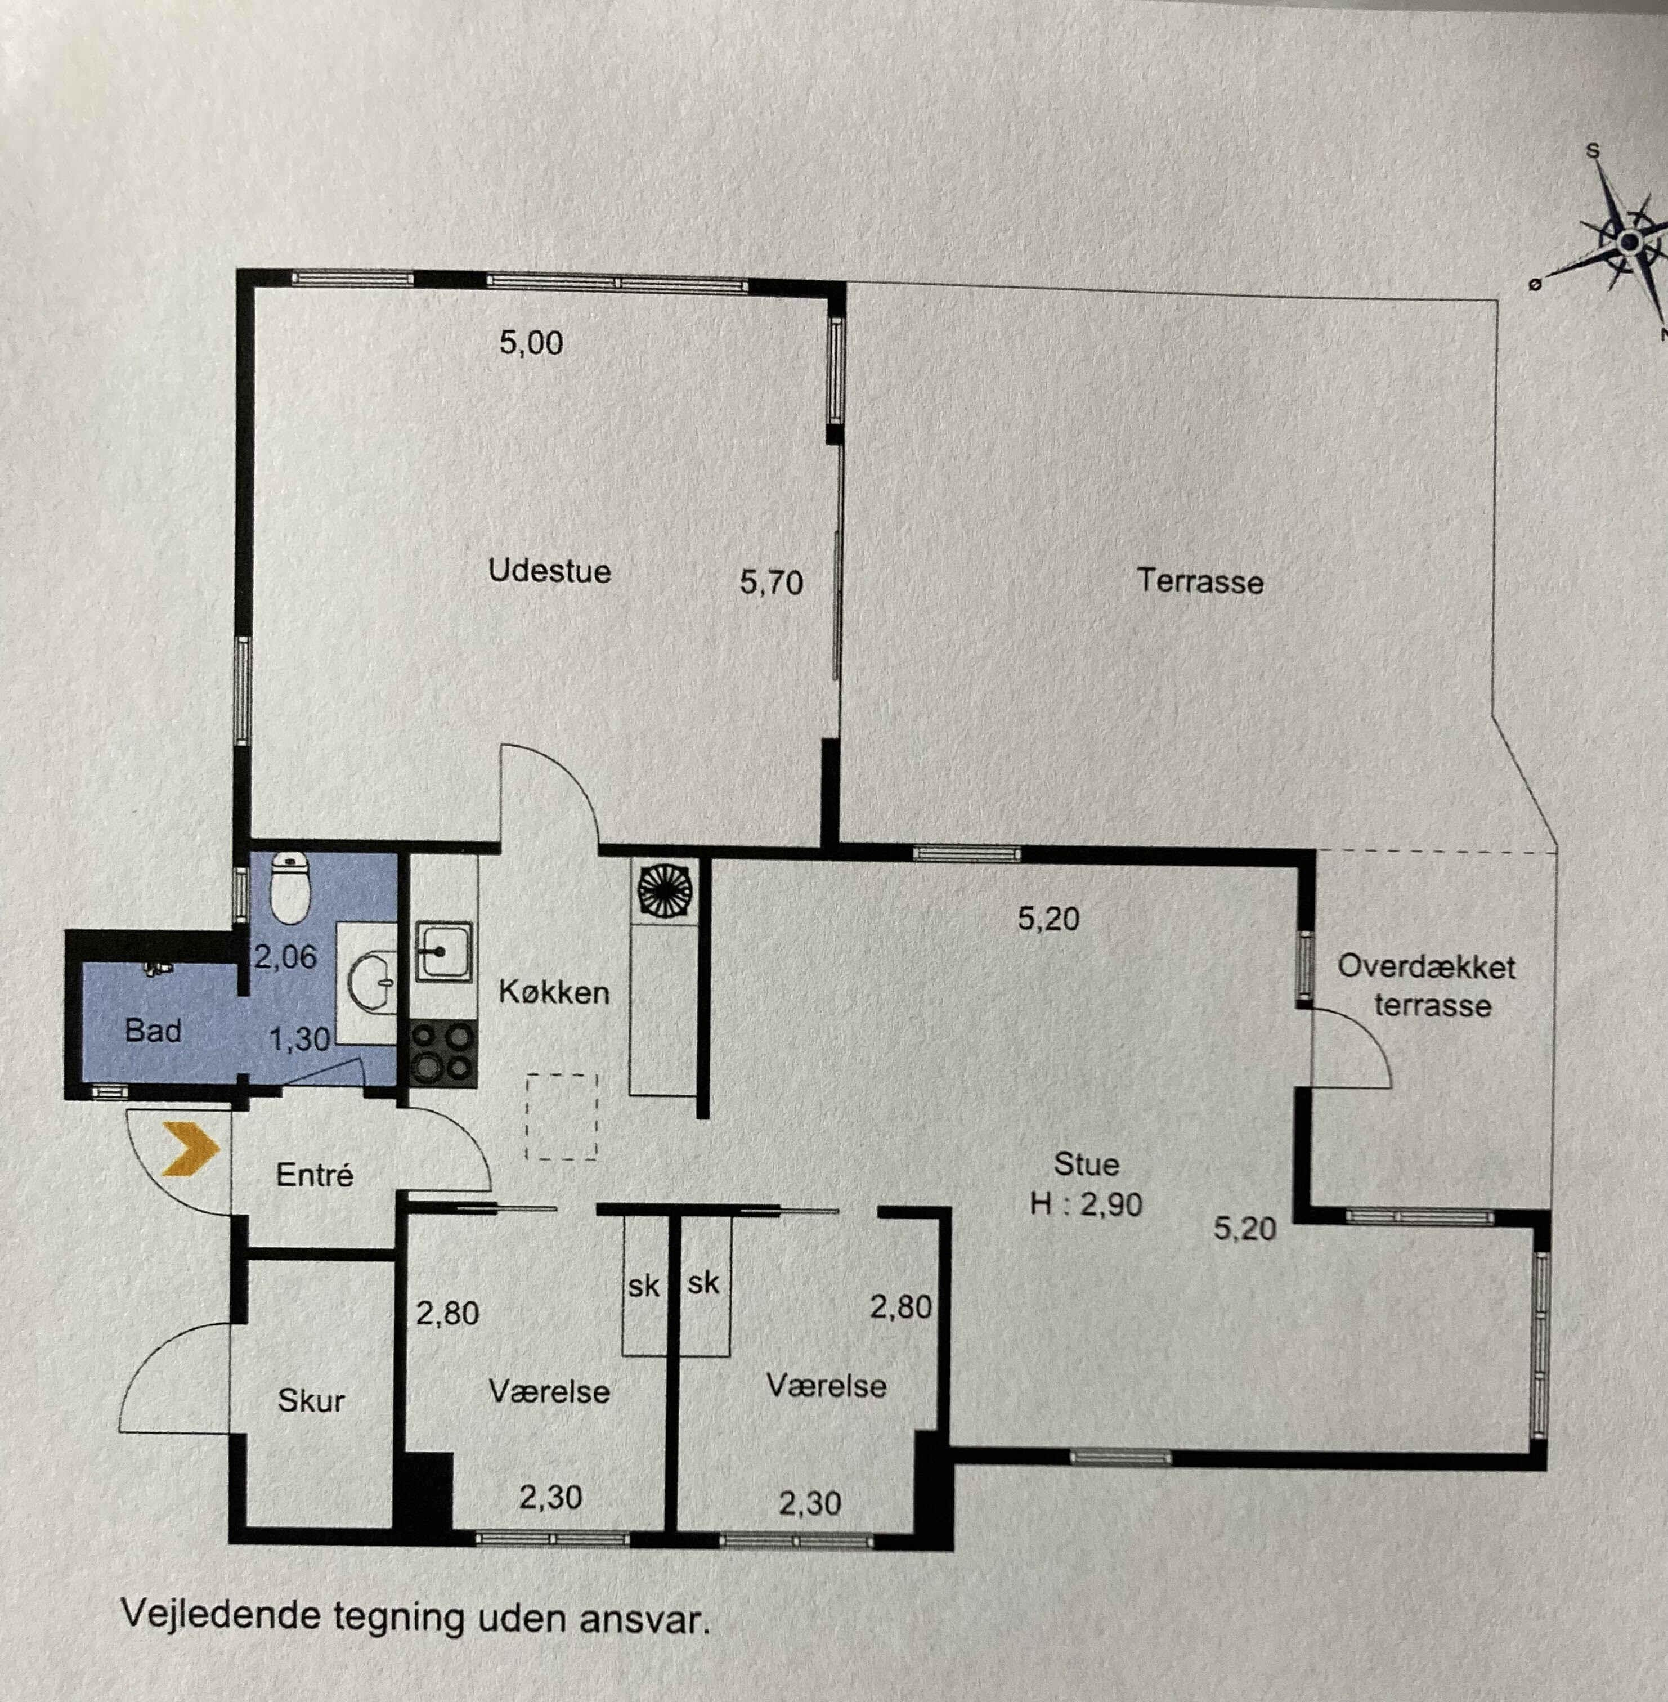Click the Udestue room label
[x=549, y=571]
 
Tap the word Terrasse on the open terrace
[x=1200, y=581]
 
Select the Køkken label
[x=554, y=992]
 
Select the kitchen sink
[x=444, y=951]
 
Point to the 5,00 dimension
[x=531, y=343]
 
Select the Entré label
[x=315, y=1175]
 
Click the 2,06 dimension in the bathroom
[x=285, y=957]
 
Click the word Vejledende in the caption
[x=221, y=1614]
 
